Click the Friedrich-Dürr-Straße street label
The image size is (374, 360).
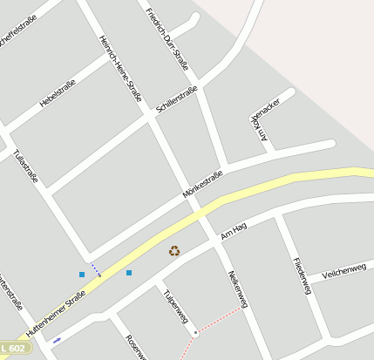tap(167, 37)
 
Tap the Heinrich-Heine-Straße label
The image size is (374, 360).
tap(120, 68)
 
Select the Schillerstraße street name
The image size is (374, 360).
tap(177, 98)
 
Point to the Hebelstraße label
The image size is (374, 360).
tap(58, 93)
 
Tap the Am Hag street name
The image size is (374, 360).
tap(235, 231)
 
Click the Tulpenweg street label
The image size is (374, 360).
tap(175, 306)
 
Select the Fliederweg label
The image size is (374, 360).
tap(303, 275)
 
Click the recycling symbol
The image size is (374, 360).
tap(174, 251)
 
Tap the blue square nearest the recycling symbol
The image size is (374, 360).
tap(129, 273)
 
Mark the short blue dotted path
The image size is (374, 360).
tap(95, 269)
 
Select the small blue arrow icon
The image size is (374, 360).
tap(57, 339)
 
